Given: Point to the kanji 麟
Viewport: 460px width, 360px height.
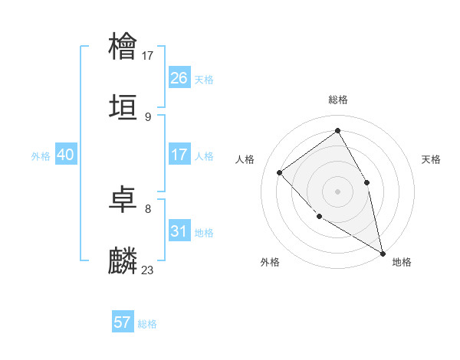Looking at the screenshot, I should pos(123,261).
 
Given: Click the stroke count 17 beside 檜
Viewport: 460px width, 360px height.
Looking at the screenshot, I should pos(148,55).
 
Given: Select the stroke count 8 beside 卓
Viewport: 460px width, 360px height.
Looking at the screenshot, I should pos(148,208).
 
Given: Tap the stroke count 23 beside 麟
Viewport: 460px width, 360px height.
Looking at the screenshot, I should pos(148,270).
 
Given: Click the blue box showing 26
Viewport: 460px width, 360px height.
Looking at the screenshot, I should pos(179,78).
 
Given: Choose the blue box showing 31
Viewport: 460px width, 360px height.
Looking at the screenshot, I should pos(179,231).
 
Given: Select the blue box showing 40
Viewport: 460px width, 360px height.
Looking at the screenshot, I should pos(65,155).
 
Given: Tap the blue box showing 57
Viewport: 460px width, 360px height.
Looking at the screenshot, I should pos(123,322).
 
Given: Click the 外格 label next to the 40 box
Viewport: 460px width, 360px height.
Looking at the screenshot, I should pos(41,155).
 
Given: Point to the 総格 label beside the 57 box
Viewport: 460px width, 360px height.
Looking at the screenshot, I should pos(147,324).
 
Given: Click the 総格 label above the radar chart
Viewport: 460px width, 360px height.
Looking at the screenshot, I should pos(338,100).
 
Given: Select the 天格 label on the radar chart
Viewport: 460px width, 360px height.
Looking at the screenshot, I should pos(431,159).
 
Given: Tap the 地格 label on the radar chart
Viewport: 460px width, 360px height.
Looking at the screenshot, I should pos(402,262).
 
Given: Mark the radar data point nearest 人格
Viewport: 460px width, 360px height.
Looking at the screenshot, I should pos(280,172).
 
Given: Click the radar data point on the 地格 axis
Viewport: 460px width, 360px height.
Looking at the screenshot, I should pos(383,252).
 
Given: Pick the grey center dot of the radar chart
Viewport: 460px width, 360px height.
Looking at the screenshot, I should pos(337,191).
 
